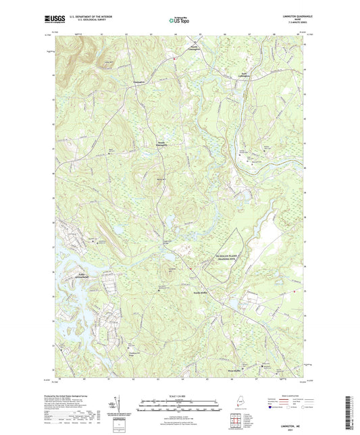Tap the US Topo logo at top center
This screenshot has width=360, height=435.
(x=179, y=21)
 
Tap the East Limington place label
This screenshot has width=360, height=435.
(x=249, y=75)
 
